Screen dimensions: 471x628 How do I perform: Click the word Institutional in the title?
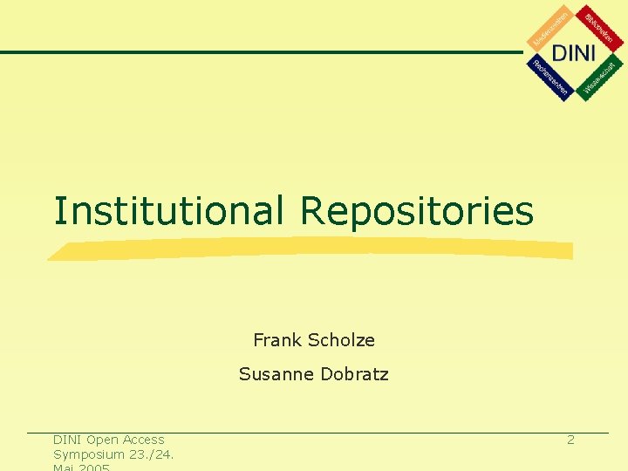168,211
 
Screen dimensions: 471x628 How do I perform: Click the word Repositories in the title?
417,211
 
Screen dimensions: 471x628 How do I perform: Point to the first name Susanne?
276,375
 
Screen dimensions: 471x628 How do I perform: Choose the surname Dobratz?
354,375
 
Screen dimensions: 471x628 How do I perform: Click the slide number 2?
570,440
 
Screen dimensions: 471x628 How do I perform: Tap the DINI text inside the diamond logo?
574,52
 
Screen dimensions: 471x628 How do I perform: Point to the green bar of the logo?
599,78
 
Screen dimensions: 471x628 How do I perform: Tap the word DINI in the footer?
67,440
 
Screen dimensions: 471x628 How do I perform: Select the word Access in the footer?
144,440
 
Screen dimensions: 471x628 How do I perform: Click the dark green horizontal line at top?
262,52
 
